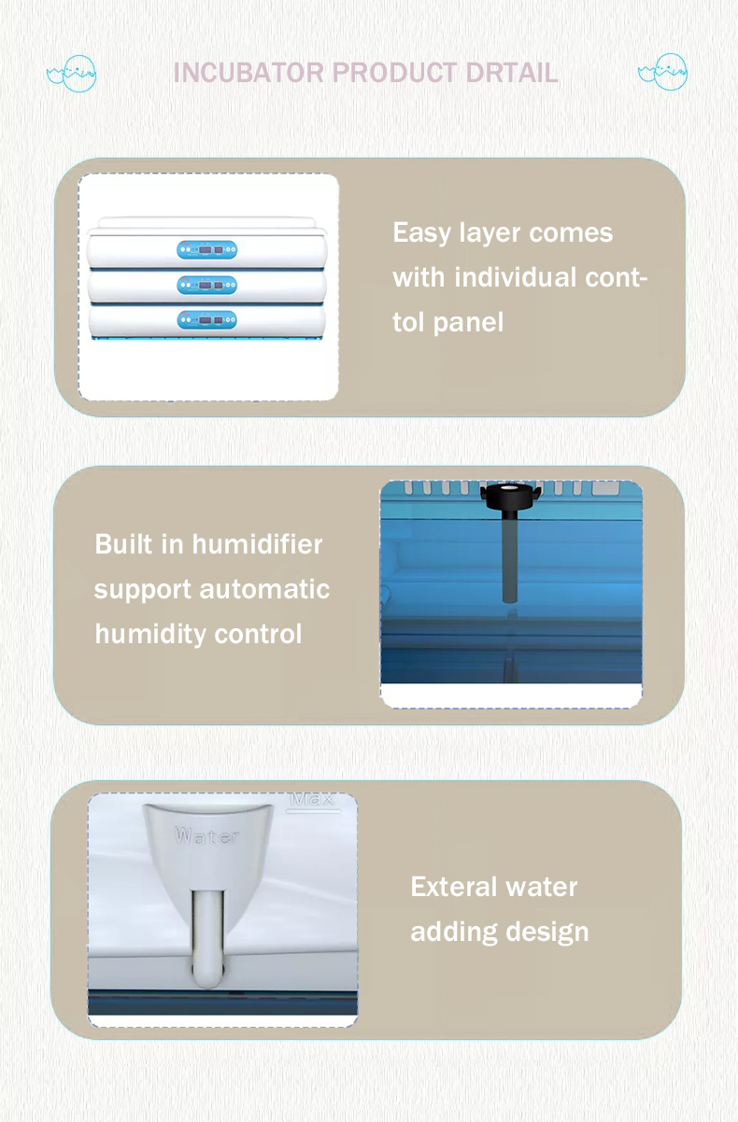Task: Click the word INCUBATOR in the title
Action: point(248,73)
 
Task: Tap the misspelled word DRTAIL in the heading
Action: point(511,73)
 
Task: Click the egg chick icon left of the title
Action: point(72,74)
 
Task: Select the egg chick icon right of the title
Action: point(662,72)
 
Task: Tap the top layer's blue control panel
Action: point(206,249)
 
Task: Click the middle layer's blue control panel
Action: point(206,285)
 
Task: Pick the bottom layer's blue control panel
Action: point(206,320)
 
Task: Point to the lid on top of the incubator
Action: point(207,224)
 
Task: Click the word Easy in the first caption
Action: point(421,233)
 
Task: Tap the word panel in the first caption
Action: point(468,323)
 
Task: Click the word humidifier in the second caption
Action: point(257,544)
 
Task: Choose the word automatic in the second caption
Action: point(264,589)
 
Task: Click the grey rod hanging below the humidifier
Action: point(510,557)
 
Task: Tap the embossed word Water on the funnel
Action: point(206,836)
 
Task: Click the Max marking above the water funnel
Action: point(312,799)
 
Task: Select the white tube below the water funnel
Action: point(206,937)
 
